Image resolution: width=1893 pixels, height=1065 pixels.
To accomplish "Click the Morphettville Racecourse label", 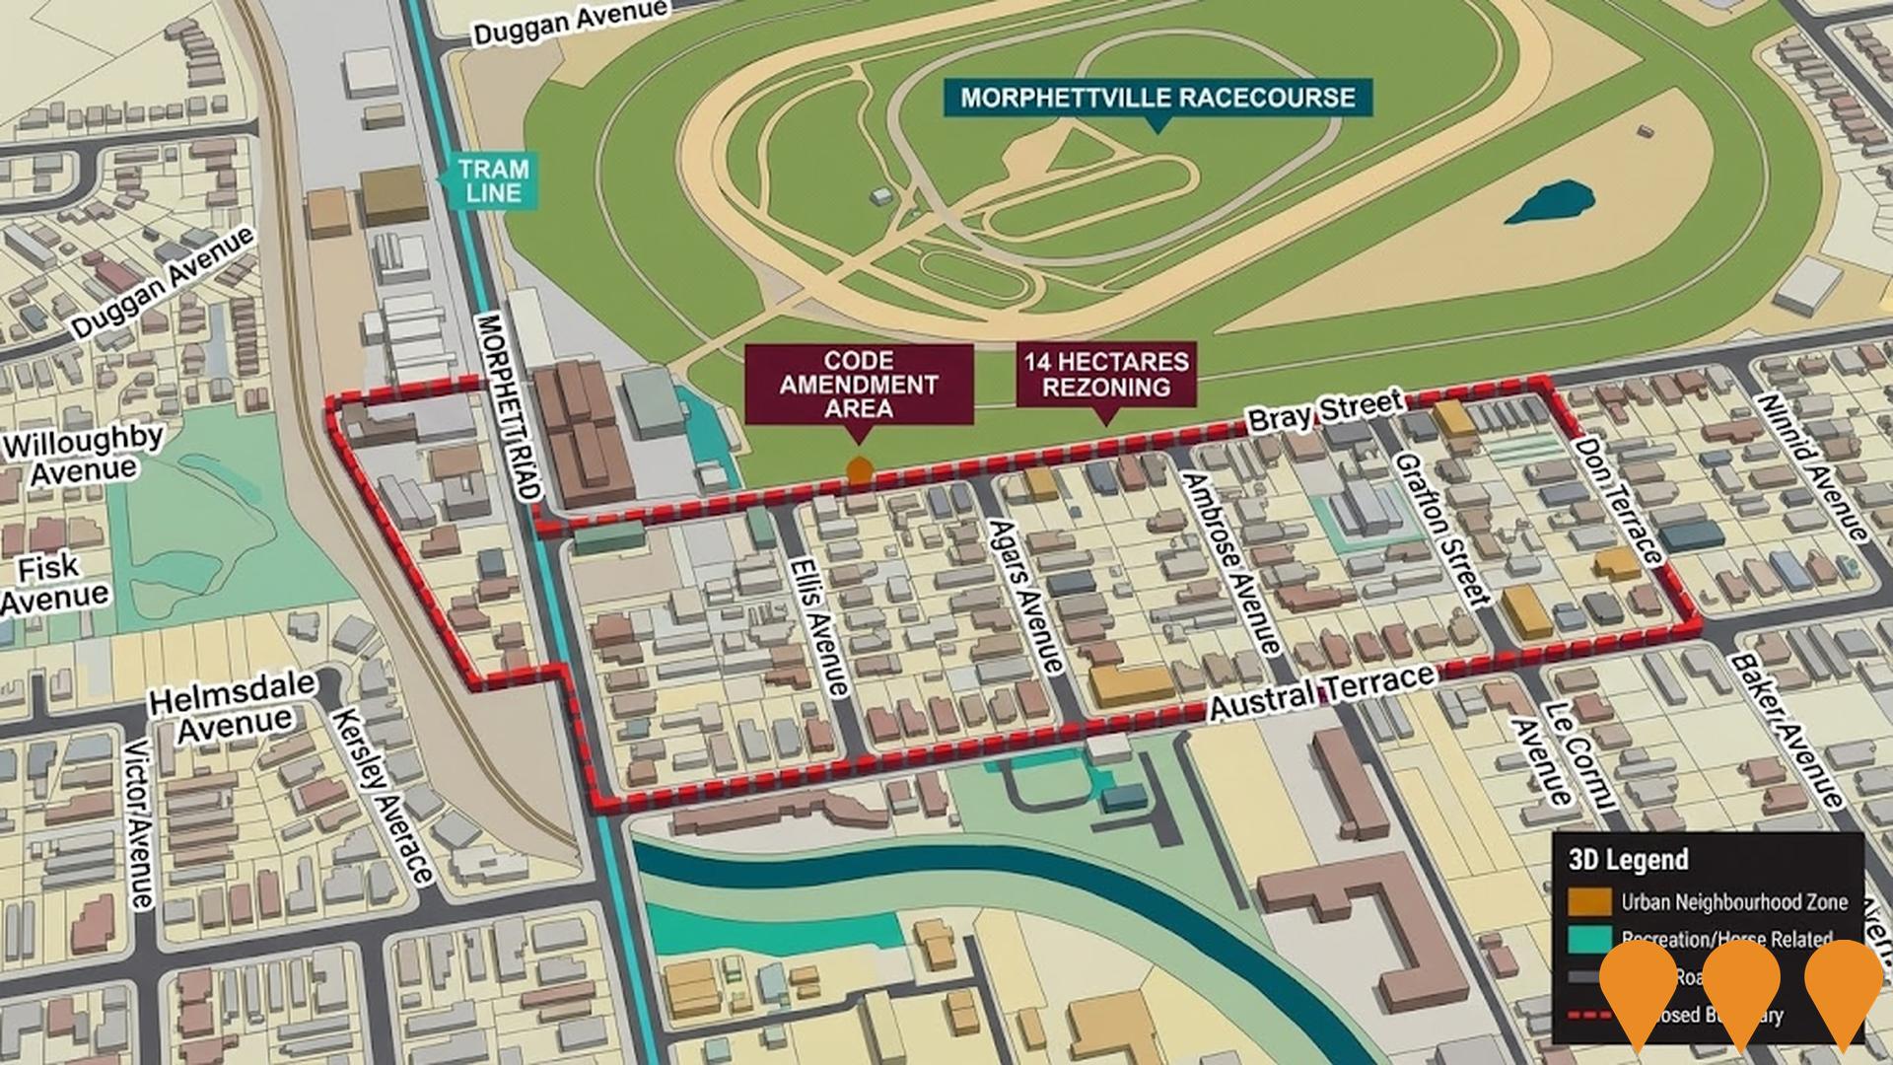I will pos(1157,98).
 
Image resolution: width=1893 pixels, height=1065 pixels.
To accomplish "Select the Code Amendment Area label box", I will pos(859,385).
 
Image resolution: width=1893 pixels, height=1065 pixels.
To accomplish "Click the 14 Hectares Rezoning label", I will pos(1106,374).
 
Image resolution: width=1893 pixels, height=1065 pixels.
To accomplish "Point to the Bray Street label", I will pos(1324,411).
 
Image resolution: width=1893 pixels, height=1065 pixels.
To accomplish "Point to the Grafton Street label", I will pos(1440,529).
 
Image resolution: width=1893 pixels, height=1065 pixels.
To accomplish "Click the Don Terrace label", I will pos(1617,500).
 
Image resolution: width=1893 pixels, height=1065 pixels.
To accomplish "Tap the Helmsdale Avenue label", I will pos(234,704).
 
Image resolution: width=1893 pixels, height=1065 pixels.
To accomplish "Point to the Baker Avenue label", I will pos(1786,732).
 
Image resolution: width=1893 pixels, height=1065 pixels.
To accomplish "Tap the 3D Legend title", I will pos(1628,860).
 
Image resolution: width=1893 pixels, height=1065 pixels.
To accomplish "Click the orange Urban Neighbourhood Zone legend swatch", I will pos(1588,900).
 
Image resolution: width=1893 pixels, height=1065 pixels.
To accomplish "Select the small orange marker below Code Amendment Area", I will pos(860,470).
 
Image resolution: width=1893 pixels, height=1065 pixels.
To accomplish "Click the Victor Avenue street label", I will pos(140,822).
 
